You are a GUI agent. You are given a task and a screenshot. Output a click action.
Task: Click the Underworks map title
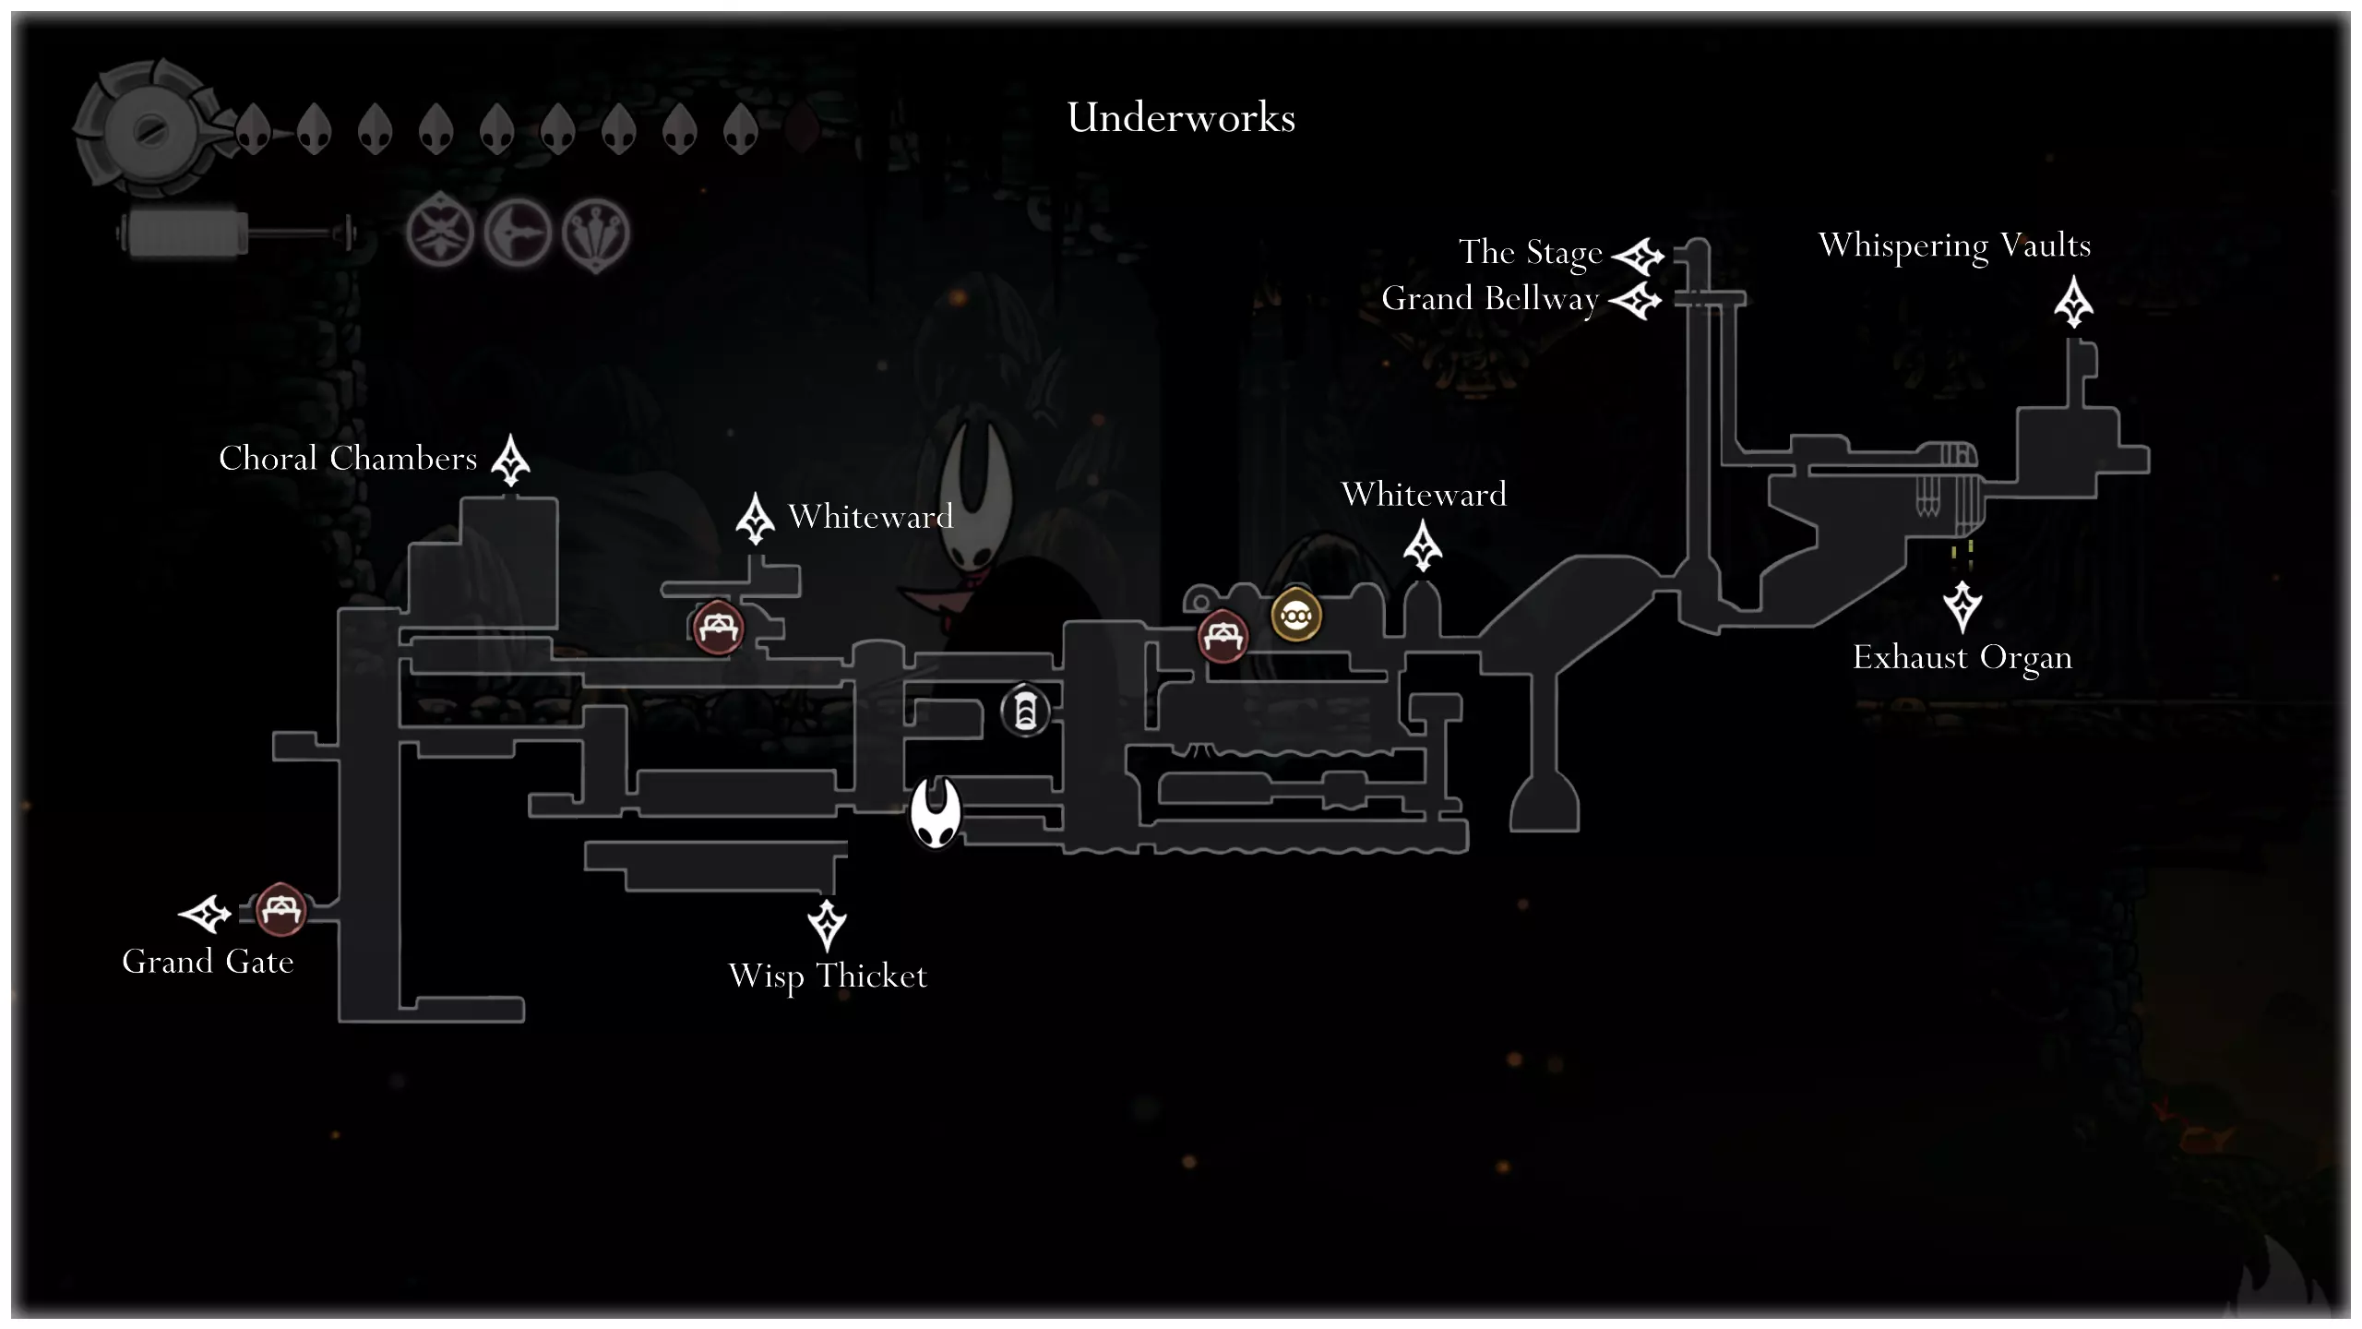tap(1181, 118)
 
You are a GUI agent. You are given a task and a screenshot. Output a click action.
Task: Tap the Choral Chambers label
tap(348, 459)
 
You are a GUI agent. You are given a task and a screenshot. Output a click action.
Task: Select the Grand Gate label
tap(208, 962)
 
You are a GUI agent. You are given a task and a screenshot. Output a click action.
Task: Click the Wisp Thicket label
tap(828, 976)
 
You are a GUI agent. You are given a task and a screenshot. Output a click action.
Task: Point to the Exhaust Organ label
tap(1962, 658)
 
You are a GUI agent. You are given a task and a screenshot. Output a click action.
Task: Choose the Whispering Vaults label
tap(1954, 246)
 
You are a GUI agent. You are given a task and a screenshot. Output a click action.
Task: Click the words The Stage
tap(1530, 253)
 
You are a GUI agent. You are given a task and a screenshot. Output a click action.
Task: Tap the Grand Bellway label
tap(1489, 299)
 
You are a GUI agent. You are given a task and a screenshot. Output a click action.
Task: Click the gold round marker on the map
tap(1296, 615)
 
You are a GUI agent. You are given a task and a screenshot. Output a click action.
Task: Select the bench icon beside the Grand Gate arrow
tap(280, 909)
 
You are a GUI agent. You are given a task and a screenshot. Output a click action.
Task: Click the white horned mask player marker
tap(936, 812)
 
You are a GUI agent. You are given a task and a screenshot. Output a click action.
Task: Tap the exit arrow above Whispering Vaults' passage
tap(2073, 302)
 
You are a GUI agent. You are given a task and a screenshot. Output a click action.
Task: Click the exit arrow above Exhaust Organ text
tap(1962, 606)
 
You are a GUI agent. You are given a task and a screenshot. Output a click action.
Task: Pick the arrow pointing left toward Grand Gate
tap(204, 914)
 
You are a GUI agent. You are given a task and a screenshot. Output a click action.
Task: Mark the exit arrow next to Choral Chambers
tap(510, 460)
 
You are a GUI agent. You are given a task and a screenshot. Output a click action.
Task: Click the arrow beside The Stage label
tap(1638, 257)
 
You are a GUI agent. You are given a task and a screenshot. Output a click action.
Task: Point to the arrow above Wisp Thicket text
tap(827, 925)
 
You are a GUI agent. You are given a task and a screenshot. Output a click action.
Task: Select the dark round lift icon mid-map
tap(1025, 712)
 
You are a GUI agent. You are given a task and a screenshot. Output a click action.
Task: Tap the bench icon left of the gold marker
tap(1223, 636)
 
